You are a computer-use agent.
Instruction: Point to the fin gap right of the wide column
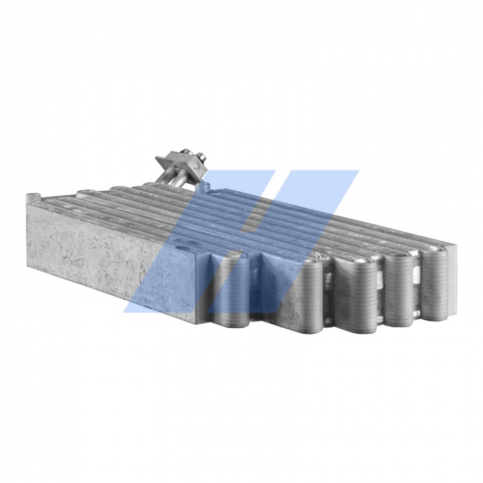coord(380,293)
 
